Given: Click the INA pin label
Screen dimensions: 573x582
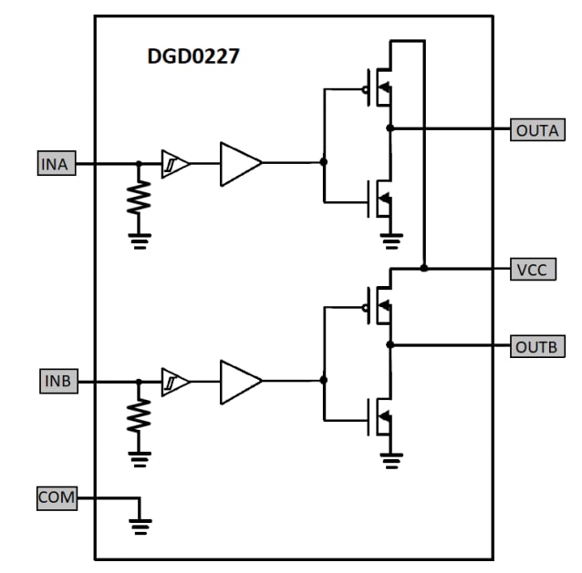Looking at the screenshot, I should coord(56,164).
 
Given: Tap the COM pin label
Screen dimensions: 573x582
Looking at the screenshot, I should coord(57,498).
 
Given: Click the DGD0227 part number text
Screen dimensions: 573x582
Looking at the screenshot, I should coord(193,56).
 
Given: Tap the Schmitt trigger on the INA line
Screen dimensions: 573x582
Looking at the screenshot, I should coord(175,164).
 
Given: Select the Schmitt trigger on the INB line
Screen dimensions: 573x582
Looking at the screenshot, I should coord(175,382).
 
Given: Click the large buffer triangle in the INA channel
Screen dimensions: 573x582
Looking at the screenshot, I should coord(239,164).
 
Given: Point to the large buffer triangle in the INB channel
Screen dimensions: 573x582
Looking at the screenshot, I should coord(239,382).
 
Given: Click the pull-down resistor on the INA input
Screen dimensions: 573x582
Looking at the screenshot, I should coord(139,196).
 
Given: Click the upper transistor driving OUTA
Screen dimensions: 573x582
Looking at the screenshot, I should coord(379,88).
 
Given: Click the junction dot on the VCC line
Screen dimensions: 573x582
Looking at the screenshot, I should coord(424,269).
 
